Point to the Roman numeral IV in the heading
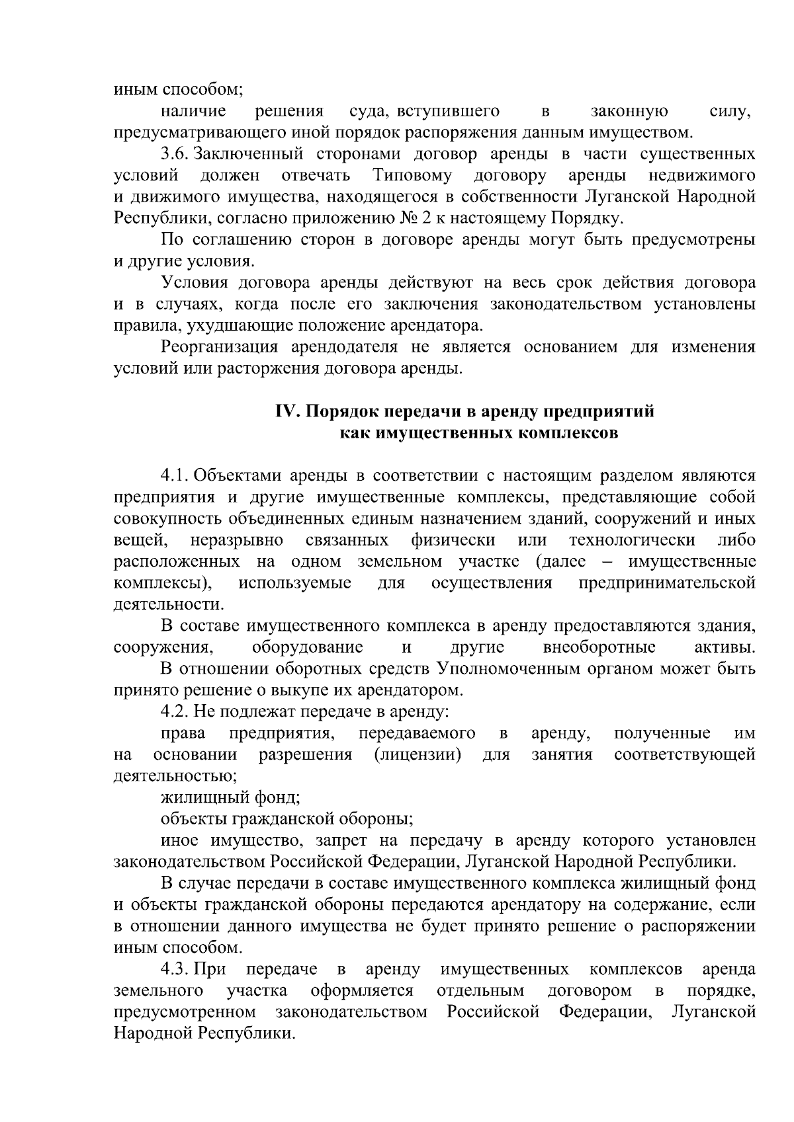[288, 411]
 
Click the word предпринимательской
[667, 583]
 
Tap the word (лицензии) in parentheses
[417, 754]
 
